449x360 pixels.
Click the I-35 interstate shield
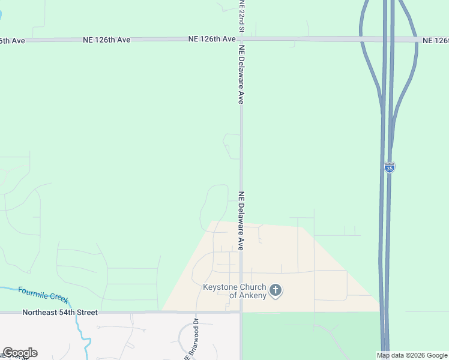(390, 168)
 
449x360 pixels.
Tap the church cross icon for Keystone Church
(276, 291)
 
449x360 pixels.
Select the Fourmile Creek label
(43, 295)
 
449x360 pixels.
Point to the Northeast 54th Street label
(59, 313)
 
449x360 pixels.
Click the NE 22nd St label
(242, 16)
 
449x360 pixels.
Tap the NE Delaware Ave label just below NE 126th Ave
(242, 74)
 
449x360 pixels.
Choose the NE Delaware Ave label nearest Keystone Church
(242, 221)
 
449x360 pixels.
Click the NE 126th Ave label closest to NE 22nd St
(212, 39)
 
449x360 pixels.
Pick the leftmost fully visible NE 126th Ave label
(106, 40)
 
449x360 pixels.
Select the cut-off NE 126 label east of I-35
(435, 40)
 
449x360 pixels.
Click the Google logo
(20, 353)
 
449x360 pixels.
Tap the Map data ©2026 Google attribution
(412, 355)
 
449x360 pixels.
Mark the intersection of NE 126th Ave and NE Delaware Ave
(242, 39)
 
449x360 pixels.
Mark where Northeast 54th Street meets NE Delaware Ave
(241, 312)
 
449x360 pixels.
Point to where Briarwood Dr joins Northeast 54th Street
(196, 312)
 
